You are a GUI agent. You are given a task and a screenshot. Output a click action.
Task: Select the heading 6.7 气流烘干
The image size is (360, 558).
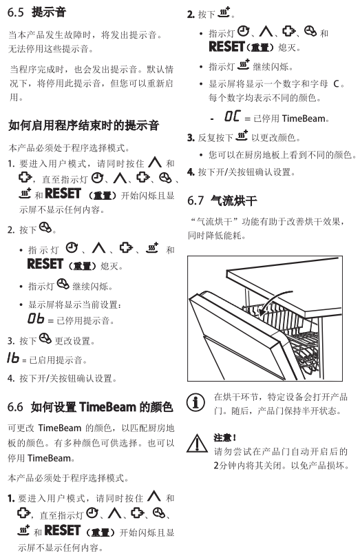(222, 200)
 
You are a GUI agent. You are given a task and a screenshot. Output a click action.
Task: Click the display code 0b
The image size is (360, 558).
(36, 318)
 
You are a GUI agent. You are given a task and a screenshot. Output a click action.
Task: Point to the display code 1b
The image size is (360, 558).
(13, 358)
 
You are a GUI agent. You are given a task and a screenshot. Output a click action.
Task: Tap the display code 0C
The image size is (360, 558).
(233, 116)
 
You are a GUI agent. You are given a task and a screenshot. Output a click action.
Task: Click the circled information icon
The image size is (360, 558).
(195, 402)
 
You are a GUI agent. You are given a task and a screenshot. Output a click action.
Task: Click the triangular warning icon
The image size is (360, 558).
(197, 444)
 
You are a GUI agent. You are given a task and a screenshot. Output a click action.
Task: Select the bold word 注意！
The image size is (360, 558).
(225, 437)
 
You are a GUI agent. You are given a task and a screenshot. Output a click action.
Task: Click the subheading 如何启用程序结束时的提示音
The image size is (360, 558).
(83, 125)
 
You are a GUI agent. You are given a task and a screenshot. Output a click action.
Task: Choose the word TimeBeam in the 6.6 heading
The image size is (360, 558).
(107, 406)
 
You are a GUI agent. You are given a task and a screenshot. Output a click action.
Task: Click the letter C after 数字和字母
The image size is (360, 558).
(336, 84)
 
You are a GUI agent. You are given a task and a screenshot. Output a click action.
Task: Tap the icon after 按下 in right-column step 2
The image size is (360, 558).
(224, 12)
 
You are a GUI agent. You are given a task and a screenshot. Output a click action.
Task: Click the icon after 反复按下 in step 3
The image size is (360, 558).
(242, 136)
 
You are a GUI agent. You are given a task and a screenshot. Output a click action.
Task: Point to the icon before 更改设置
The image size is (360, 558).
(45, 338)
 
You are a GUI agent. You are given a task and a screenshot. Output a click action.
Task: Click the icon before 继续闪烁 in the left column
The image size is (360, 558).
(63, 284)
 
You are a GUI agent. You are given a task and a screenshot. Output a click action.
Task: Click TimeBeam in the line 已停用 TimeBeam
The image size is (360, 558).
(304, 118)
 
